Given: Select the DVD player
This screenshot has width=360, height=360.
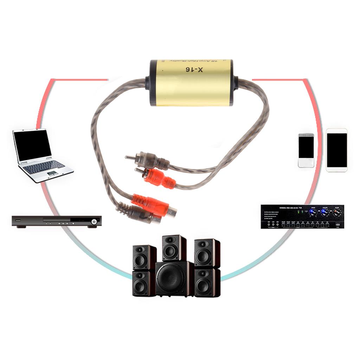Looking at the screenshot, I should [x=57, y=221].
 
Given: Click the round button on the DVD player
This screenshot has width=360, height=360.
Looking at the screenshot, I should [x=94, y=221].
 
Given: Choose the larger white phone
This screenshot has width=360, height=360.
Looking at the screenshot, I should [x=336, y=150].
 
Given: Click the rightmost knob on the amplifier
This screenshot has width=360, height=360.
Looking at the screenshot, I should [x=337, y=212].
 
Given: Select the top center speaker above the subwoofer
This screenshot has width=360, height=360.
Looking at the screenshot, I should [x=174, y=248].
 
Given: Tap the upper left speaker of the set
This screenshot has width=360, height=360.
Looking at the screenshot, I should [x=144, y=257].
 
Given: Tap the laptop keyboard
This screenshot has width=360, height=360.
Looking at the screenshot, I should [x=44, y=167].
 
